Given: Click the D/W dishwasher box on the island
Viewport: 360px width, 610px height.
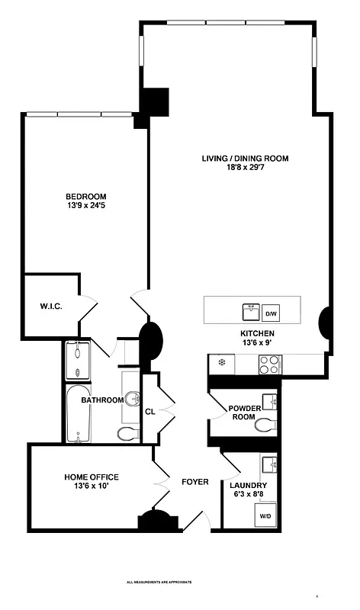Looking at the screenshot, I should [x=271, y=313].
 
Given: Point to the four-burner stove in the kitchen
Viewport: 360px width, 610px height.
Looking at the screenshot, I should [x=269, y=366].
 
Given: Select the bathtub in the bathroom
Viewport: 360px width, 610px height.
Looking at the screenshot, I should [x=78, y=415].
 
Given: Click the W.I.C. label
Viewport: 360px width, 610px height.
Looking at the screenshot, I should [x=50, y=307].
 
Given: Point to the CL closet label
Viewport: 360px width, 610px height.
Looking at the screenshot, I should [x=150, y=412].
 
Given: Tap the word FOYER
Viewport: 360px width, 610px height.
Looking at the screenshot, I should [x=195, y=482].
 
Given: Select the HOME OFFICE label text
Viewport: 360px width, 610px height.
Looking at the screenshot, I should [x=91, y=477].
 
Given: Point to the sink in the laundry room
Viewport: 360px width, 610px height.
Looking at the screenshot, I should [x=268, y=464].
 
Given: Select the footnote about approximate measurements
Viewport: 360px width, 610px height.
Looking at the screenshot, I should [x=159, y=582].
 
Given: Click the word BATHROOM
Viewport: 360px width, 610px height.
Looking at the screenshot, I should [x=102, y=400].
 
